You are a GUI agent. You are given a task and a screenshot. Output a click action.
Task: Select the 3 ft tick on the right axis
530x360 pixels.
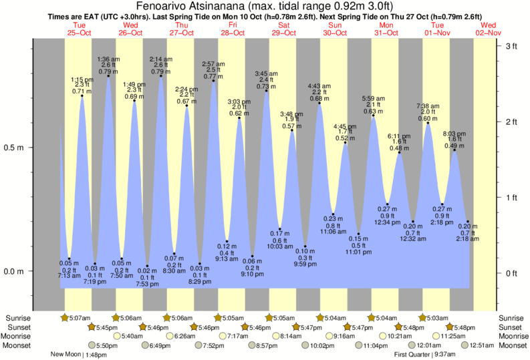[x=511, y=46]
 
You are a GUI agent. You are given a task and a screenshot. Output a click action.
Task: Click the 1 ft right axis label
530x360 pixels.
[x=511, y=197]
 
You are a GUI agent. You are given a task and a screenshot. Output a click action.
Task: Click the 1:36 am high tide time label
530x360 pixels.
[x=108, y=59]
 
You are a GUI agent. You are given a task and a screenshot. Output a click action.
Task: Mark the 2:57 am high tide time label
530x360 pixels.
[x=213, y=65]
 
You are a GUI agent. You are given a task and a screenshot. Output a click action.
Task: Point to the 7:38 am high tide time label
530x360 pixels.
[x=428, y=106]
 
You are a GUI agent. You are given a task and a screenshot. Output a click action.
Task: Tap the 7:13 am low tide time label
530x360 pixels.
[x=69, y=275]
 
